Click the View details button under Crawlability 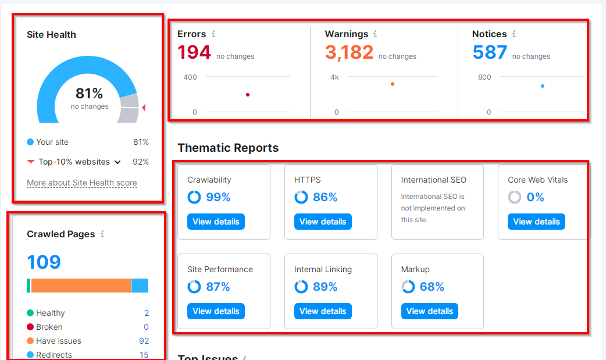click(x=216, y=222)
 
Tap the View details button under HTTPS click(x=323, y=222)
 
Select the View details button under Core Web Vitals click(x=536, y=222)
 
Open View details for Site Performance click(x=216, y=311)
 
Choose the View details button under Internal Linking click(x=323, y=311)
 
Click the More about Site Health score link click(x=82, y=183)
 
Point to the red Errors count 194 click(x=194, y=52)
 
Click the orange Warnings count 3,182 click(x=349, y=52)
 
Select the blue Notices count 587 click(x=490, y=52)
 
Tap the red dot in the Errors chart click(x=248, y=95)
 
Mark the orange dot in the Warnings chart click(x=393, y=84)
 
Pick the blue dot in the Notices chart click(x=543, y=86)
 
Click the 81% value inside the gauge click(x=89, y=94)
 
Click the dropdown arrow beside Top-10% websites click(x=117, y=162)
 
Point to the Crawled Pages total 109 click(x=44, y=262)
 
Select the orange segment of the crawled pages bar click(x=81, y=286)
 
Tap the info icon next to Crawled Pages click(x=102, y=234)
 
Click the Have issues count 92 click(x=144, y=341)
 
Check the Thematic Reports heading click(x=228, y=148)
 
